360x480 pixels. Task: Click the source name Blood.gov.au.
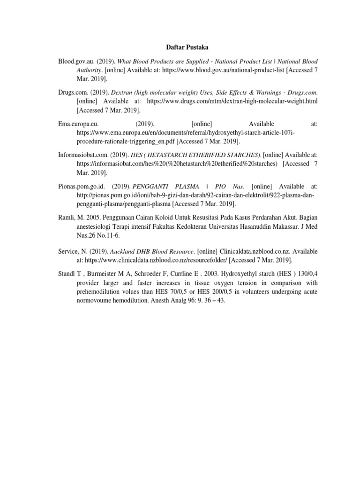[x=76, y=61]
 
